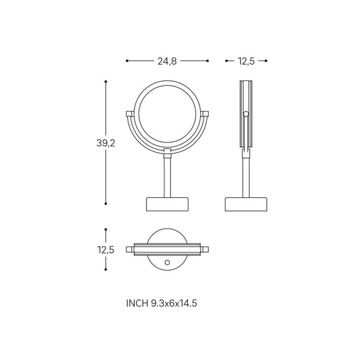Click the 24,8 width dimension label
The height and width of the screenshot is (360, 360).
[167, 61]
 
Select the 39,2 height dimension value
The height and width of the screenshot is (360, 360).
[106, 143]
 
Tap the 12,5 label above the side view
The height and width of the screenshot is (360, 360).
[246, 61]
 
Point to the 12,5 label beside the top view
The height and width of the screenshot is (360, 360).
[106, 250]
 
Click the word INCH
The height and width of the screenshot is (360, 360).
[137, 303]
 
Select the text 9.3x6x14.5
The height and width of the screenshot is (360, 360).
[174, 303]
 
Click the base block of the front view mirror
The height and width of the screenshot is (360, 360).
[167, 204]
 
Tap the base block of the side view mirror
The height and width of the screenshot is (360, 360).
[246, 204]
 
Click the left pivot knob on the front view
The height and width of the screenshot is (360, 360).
[130, 114]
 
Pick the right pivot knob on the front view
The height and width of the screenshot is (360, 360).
[205, 114]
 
